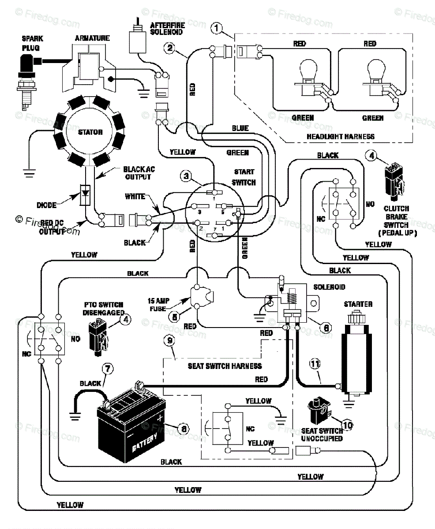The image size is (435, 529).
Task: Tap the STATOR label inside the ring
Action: [90, 132]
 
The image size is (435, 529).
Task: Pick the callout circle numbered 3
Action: [187, 176]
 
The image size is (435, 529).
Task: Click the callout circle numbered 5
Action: [174, 316]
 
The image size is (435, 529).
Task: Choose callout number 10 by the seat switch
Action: [348, 425]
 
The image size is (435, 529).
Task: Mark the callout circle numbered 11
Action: [314, 364]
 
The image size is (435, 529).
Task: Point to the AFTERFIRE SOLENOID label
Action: [166, 29]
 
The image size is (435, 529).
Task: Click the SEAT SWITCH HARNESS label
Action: [225, 366]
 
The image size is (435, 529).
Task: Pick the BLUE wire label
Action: [240, 128]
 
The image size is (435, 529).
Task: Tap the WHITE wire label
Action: [135, 196]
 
